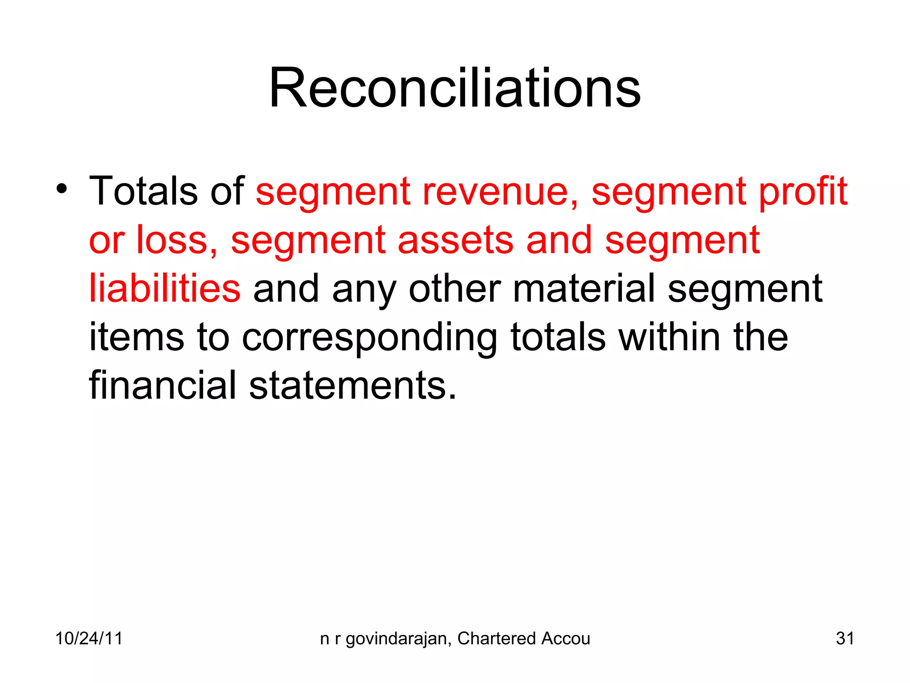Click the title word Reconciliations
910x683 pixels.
click(455, 88)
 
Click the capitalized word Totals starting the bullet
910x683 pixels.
click(143, 191)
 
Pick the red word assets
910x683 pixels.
click(455, 241)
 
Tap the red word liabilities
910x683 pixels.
click(165, 289)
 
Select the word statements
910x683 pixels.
click(352, 386)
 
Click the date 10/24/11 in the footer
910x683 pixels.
click(88, 639)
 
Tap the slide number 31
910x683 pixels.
click(845, 639)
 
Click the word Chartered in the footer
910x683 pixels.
click(496, 639)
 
